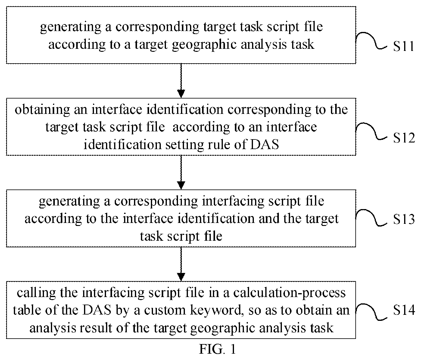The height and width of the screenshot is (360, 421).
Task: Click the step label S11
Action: pyautogui.click(x=404, y=46)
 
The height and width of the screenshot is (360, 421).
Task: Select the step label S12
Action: pyautogui.click(x=404, y=138)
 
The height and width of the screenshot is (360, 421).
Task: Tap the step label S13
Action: pyautogui.click(x=404, y=219)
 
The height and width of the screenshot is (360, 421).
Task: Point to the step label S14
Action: pyautogui.click(x=404, y=310)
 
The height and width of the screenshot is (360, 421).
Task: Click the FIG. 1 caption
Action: pyautogui.click(x=217, y=349)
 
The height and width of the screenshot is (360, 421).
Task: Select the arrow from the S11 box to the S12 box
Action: pyautogui.click(x=181, y=81)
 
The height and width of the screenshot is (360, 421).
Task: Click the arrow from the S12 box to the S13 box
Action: pyautogui.click(x=181, y=172)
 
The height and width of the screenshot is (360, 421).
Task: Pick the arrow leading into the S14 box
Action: pyautogui.click(x=181, y=264)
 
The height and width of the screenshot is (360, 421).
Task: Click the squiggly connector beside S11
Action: pyautogui.click(x=371, y=40)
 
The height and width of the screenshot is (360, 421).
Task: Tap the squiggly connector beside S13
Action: pyautogui.click(x=371, y=218)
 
